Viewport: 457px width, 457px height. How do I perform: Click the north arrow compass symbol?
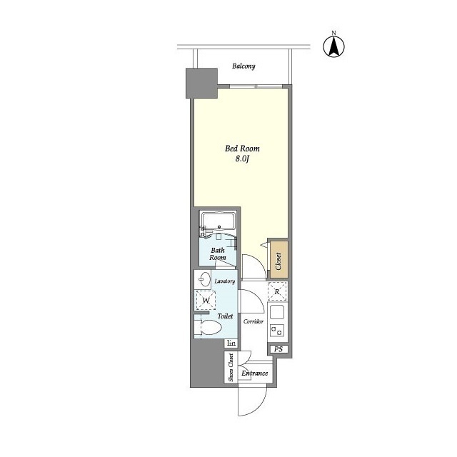coord(333,45)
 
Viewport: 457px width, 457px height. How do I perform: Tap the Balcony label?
coord(243,66)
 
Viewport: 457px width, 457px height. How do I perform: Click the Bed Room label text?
coord(242,149)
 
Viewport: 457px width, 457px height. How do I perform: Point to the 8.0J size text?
coord(242,160)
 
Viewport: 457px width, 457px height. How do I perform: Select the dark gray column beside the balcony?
coord(201,84)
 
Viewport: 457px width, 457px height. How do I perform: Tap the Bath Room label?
coord(219,254)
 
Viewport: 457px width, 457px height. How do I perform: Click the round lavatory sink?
coord(204,279)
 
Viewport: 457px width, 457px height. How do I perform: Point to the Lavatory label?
coord(225,281)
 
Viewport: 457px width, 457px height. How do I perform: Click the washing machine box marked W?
coord(205,301)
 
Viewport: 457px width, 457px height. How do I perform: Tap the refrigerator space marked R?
coord(277,291)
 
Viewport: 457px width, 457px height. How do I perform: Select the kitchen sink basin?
coord(277,312)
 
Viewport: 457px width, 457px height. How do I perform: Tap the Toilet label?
coord(226,315)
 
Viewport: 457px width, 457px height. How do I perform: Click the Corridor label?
coord(254,321)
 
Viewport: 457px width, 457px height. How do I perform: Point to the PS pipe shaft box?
coord(278,349)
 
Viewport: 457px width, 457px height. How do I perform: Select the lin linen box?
coord(231,343)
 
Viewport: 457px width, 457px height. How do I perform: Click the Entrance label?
coord(254,373)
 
